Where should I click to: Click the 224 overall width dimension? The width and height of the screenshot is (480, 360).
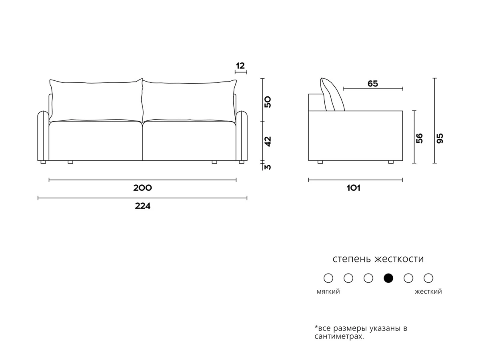pos(142,206)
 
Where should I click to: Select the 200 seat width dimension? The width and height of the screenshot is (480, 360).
pos(142,188)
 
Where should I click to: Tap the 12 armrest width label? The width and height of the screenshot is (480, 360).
pos(240,66)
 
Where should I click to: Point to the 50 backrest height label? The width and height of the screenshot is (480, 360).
pos(268,102)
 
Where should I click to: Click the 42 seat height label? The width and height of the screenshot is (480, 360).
pos(268,142)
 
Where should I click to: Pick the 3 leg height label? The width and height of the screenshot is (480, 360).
pos(268,167)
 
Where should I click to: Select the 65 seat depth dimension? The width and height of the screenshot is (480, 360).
pos(373,84)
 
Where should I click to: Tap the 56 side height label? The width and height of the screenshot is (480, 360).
pos(419,138)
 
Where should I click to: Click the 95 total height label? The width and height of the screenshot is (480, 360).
pos(440,138)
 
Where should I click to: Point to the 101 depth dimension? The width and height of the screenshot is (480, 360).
pos(354,188)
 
